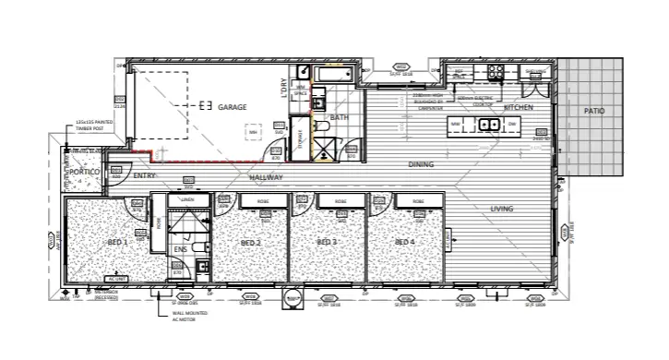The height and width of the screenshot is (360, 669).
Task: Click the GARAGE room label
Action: click(x=233, y=108)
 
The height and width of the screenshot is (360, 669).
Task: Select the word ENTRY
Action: click(x=144, y=174)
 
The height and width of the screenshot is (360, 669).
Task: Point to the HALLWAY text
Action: click(x=265, y=176)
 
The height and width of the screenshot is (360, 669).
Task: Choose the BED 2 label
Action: click(x=251, y=243)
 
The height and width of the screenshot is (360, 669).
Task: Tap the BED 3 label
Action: click(x=328, y=243)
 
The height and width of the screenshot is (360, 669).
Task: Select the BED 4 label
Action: click(x=404, y=242)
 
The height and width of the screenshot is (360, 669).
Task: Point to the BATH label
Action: click(x=339, y=118)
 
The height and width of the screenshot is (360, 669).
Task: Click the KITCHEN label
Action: click(x=519, y=108)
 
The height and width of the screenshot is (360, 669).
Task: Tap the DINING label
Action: click(x=422, y=164)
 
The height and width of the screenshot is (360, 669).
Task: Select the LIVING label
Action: click(x=502, y=209)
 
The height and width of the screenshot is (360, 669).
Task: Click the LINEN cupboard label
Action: click(x=187, y=199)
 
